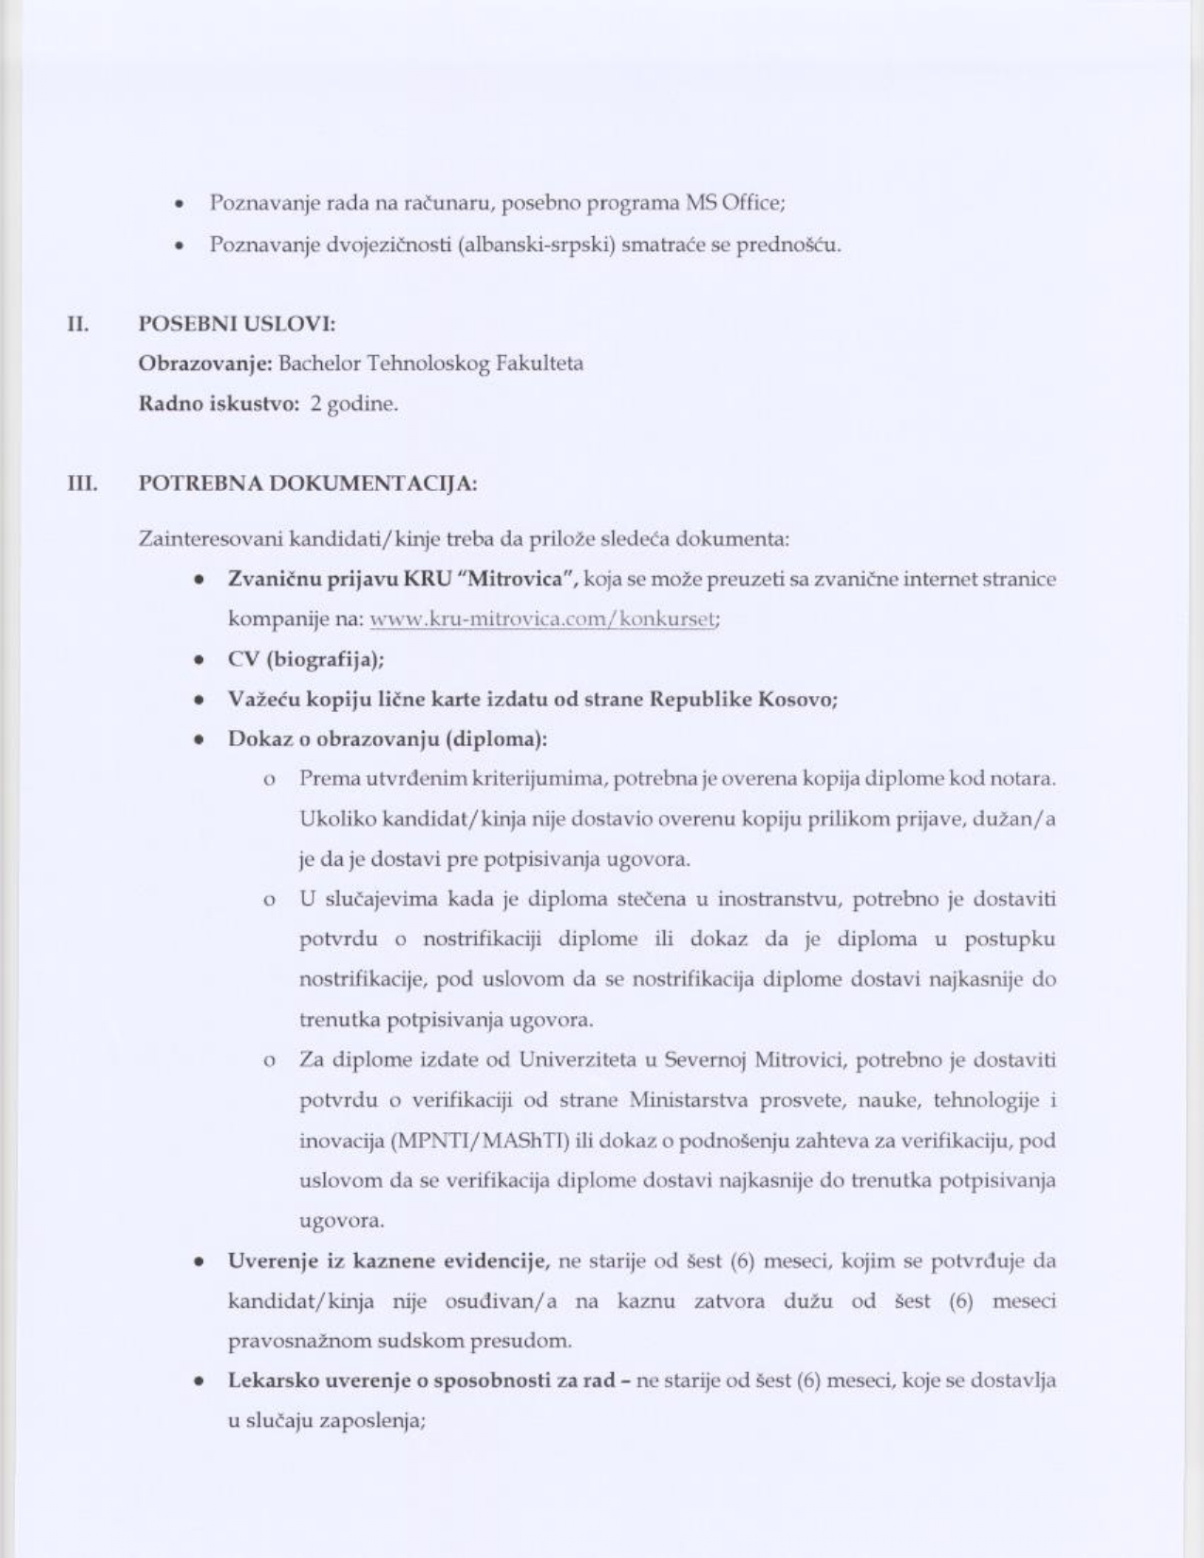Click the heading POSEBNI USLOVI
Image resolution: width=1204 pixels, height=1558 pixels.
click(x=236, y=324)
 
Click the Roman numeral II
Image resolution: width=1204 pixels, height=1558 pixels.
click(x=77, y=324)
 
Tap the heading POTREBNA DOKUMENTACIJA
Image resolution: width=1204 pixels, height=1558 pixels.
click(x=307, y=483)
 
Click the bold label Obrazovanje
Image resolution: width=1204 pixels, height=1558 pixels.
click(x=204, y=364)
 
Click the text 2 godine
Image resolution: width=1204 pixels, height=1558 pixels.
click(x=354, y=404)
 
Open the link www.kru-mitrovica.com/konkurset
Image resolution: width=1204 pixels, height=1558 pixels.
click(x=543, y=619)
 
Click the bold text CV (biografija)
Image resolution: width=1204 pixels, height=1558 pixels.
click(x=305, y=659)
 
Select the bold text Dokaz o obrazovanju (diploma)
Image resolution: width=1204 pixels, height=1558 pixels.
click(x=387, y=738)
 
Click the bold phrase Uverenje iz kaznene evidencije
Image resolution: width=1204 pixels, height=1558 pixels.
click(x=388, y=1261)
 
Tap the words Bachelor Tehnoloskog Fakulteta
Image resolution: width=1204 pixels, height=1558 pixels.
click(x=431, y=364)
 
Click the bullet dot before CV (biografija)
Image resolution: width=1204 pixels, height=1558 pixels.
click(x=199, y=660)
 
